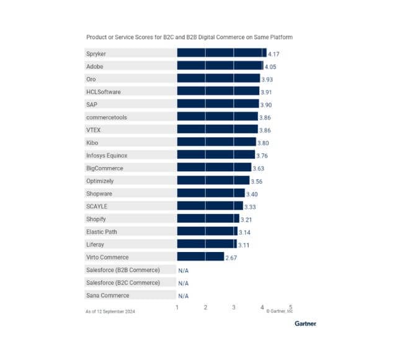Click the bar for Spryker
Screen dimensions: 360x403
pyautogui.click(x=221, y=53)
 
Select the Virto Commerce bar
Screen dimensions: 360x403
pyautogui.click(x=200, y=256)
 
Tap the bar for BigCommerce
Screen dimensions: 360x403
pyautogui.click(x=214, y=168)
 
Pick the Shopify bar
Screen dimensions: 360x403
pyautogui.click(x=208, y=218)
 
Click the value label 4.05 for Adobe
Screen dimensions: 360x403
pyautogui.click(x=271, y=66)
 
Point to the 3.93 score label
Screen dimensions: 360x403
pyautogui.click(x=268, y=79)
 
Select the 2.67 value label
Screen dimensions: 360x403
pyautogui.click(x=231, y=257)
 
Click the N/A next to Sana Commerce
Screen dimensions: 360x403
pyautogui.click(x=184, y=295)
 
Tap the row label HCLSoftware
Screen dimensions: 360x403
pyautogui.click(x=104, y=91)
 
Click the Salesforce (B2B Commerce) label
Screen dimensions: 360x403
pyautogui.click(x=123, y=269)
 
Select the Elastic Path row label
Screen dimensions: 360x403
pyautogui.click(x=102, y=232)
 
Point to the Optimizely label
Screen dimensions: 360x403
pyautogui.click(x=100, y=181)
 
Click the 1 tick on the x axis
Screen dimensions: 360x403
pyautogui.click(x=177, y=307)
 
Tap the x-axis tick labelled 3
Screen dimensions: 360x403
pyautogui.click(x=234, y=307)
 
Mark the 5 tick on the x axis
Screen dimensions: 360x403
pyautogui.click(x=290, y=307)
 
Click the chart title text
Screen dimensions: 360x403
pyautogui.click(x=188, y=37)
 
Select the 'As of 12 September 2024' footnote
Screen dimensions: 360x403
pyautogui.click(x=110, y=312)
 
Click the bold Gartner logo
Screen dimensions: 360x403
pyautogui.click(x=304, y=323)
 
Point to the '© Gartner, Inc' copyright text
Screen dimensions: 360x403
pyautogui.click(x=279, y=312)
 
